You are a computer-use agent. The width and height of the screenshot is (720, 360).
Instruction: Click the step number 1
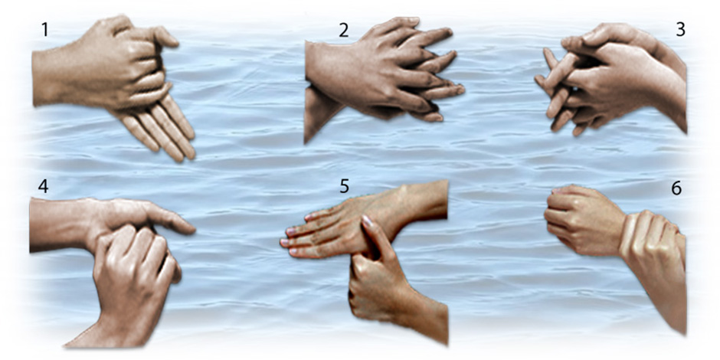point(44,30)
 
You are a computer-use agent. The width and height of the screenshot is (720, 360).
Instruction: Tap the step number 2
point(343,30)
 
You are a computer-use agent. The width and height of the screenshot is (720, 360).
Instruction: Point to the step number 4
point(43,187)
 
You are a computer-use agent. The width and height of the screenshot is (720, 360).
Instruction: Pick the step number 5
point(345,187)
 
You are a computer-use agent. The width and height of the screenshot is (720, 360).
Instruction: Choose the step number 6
point(676,188)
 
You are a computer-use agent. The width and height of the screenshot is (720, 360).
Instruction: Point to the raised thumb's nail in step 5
point(368,222)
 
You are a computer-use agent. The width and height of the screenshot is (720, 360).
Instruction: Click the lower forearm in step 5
point(423,317)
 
